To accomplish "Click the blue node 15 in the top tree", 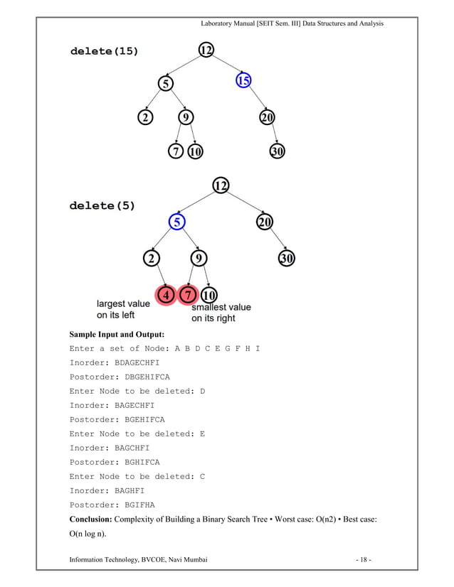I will (243, 81).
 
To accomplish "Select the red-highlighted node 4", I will (167, 294).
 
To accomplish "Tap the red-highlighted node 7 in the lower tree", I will (188, 294).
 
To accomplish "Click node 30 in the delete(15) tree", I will (278, 151).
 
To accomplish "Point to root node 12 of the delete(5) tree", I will (221, 186).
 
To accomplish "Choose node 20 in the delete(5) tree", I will (264, 222).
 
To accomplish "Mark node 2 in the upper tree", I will (145, 117).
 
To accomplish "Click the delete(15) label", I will (104, 51).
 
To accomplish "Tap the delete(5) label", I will (102, 206).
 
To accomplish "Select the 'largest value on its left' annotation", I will (123, 309).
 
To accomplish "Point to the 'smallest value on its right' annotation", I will (221, 313).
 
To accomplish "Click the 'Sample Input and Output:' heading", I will (117, 334).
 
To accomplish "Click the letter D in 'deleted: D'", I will (202, 391).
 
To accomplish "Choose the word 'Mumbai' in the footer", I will (192, 566).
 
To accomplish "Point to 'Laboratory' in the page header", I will (221, 23).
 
